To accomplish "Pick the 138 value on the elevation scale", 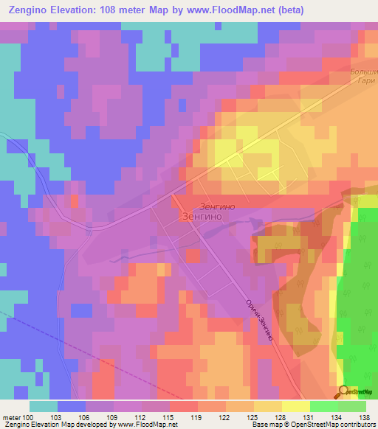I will point(365,416).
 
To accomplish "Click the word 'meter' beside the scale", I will point(10,416).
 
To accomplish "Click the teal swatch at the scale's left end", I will point(44,406).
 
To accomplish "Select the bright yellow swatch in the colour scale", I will point(295,406).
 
